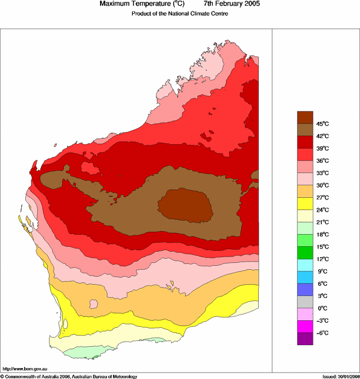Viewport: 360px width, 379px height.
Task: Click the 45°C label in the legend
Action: [x=322, y=124]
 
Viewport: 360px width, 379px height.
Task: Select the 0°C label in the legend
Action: [x=322, y=308]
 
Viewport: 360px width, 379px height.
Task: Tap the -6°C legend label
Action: [x=322, y=333]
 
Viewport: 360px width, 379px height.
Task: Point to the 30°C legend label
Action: [x=322, y=185]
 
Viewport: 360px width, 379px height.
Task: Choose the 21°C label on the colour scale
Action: [x=322, y=222]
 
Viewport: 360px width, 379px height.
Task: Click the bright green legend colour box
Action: [x=305, y=252]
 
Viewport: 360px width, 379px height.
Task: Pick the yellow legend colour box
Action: [x=305, y=203]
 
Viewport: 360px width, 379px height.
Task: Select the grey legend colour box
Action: [x=305, y=302]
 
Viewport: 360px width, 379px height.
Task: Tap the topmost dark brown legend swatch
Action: [x=305, y=117]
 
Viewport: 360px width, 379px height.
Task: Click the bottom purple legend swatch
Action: [x=305, y=339]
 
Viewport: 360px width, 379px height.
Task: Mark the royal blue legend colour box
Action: [x=305, y=289]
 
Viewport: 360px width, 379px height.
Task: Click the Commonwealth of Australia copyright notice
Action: [x=69, y=376]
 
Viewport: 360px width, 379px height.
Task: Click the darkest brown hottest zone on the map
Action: [x=186, y=204]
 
